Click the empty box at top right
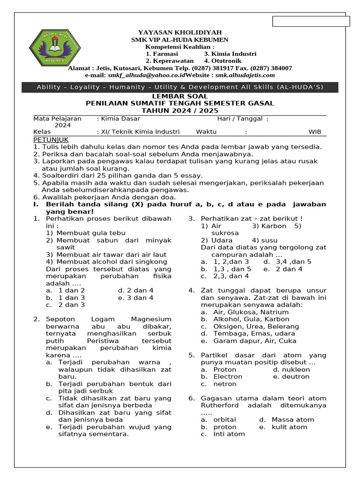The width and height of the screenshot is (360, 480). coord(311,21)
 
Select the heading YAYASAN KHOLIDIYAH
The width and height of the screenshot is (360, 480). coord(180,32)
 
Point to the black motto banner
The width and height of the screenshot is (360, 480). coord(180,87)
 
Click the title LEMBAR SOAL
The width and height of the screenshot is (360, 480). coord(180,96)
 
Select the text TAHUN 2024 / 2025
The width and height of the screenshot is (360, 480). coord(180,111)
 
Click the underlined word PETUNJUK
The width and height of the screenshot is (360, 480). coord(51,140)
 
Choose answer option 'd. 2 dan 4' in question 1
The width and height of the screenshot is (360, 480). coord(135,290)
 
